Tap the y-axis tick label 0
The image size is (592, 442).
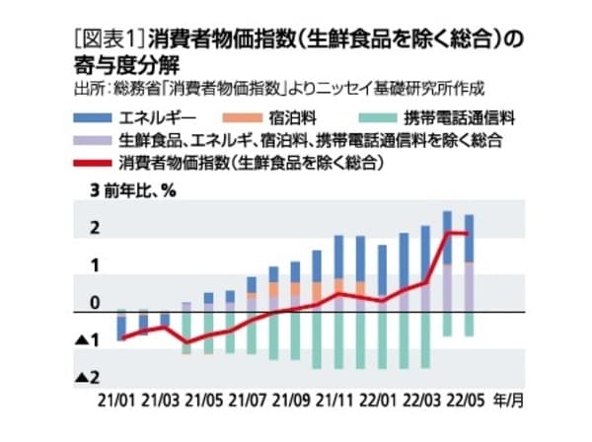(x=95, y=303)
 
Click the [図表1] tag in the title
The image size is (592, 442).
(x=110, y=39)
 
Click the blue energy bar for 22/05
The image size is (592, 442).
(x=469, y=238)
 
